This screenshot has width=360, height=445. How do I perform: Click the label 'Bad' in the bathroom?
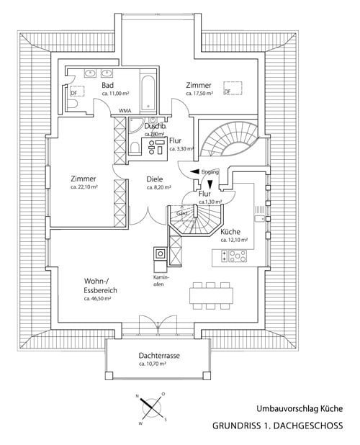coord(108,84)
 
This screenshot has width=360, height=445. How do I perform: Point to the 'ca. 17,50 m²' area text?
coord(201,94)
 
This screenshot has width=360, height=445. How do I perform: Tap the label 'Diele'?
coord(154,179)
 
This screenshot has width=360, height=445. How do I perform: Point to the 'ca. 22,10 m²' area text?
coord(84,187)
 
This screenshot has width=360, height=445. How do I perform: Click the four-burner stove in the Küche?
coord(238,255)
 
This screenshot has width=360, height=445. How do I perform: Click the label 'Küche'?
coord(230,232)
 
